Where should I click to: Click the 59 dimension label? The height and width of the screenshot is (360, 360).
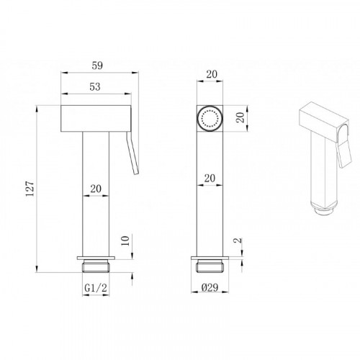click(x=97, y=66)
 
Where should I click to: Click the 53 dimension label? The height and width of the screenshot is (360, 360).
click(x=95, y=87)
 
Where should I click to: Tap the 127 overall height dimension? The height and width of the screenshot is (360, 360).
click(x=30, y=189)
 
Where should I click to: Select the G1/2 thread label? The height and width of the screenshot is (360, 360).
click(x=96, y=287)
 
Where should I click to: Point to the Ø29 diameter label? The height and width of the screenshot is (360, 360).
click(x=210, y=287)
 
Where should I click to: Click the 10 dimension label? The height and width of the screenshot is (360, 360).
click(x=125, y=240)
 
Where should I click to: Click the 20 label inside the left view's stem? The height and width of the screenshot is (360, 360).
click(x=96, y=189)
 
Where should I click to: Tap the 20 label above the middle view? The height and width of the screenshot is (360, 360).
click(x=212, y=74)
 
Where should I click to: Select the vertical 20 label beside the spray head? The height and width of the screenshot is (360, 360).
click(x=240, y=117)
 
